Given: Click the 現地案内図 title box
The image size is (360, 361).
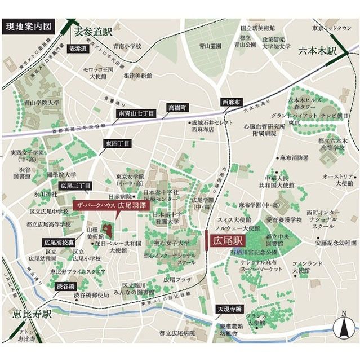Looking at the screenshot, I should coord(29,27).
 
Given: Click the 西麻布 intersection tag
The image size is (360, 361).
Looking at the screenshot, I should coord(232,102).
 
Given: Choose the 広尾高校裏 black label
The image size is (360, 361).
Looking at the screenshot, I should coord(59,242).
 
